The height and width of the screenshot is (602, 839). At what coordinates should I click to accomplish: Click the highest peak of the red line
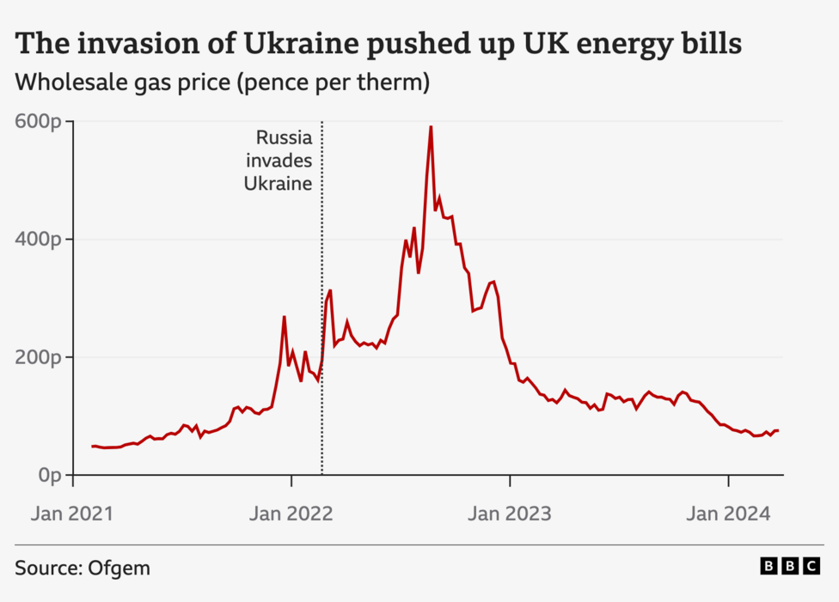click(x=431, y=127)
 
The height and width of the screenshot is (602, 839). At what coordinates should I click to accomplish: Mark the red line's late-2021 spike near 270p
click(x=284, y=317)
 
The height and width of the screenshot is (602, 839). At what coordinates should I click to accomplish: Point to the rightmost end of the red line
click(x=778, y=430)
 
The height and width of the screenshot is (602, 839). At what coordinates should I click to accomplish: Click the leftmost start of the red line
click(x=92, y=447)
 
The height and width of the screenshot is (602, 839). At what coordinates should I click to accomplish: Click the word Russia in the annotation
click(x=285, y=137)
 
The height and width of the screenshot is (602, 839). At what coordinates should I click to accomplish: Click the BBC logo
click(x=790, y=567)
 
